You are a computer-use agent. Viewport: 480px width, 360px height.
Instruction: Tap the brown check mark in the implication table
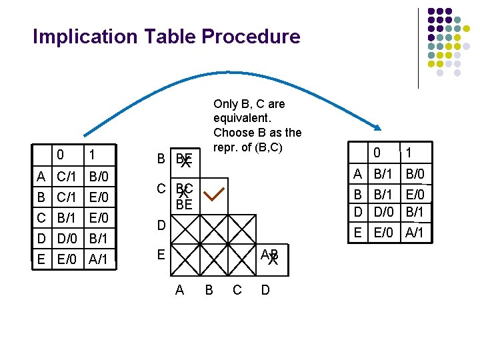pos(215,195)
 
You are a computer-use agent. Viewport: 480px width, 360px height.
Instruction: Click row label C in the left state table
pos(41,217)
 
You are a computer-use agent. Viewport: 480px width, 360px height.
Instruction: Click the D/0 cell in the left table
pos(67,238)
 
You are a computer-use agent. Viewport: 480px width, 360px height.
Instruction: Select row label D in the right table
pos(358,212)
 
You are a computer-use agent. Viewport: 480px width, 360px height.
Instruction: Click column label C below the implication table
pos(237,289)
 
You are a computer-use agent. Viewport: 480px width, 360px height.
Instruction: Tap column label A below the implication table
pos(179,289)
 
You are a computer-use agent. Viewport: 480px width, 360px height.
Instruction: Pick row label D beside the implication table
pos(161,226)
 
